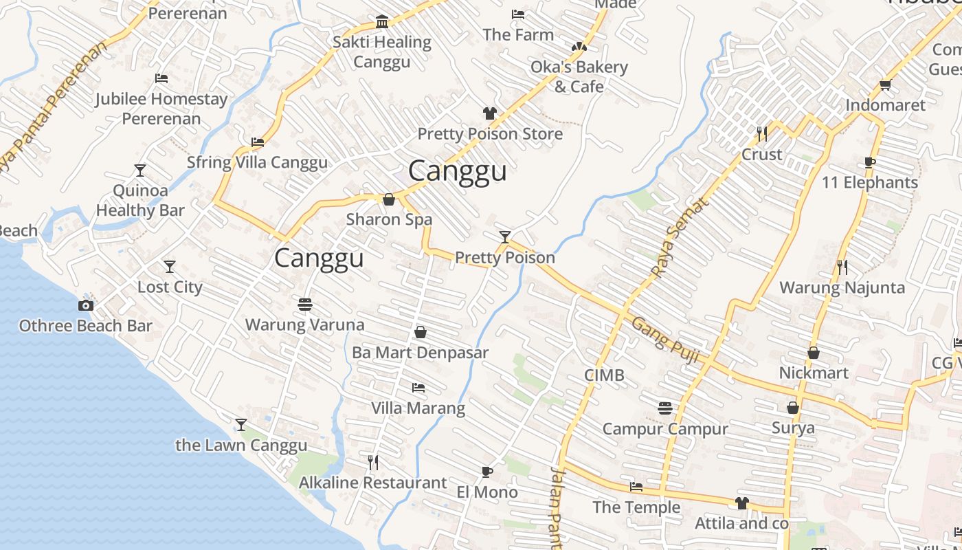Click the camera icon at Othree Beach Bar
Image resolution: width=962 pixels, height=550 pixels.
pyautogui.click(x=86, y=306)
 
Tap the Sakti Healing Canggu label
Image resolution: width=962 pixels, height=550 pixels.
pyautogui.click(x=382, y=52)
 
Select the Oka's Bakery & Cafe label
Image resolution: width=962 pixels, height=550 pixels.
pyautogui.click(x=579, y=76)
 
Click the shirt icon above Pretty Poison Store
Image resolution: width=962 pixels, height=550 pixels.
pyautogui.click(x=489, y=113)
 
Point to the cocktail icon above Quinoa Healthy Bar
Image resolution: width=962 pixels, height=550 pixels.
pyautogui.click(x=140, y=170)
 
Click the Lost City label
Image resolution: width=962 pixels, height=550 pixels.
pyautogui.click(x=170, y=287)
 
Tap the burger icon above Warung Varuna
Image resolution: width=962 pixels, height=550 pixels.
pyautogui.click(x=305, y=304)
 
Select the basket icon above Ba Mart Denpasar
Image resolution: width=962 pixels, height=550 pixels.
pyautogui.click(x=421, y=333)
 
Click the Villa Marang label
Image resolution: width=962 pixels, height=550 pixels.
pyautogui.click(x=418, y=408)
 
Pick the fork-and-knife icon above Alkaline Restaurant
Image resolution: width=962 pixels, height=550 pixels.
pyautogui.click(x=373, y=462)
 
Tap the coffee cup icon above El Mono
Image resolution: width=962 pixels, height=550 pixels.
pyautogui.click(x=486, y=472)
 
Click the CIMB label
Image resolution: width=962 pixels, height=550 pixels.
pyautogui.click(x=604, y=375)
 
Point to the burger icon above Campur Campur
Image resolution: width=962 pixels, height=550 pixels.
pyautogui.click(x=664, y=408)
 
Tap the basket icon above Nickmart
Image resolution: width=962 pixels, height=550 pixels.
pyautogui.click(x=814, y=353)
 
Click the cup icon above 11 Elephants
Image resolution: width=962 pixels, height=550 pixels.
pyautogui.click(x=870, y=163)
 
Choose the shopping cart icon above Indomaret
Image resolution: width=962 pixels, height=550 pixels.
pyautogui.click(x=885, y=85)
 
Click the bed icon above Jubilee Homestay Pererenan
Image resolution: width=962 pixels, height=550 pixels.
pyautogui.click(x=161, y=78)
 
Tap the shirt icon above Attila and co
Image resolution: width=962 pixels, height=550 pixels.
pyautogui.click(x=741, y=503)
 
